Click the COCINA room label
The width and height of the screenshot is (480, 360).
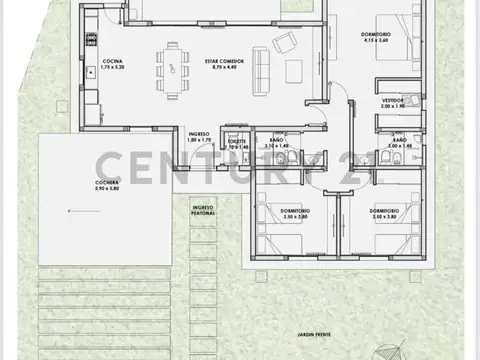[x=111, y=61]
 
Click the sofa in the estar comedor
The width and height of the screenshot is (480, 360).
[x=263, y=68]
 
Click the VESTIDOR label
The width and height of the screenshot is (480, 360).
[x=393, y=101]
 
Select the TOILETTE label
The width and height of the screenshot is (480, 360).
[x=236, y=141]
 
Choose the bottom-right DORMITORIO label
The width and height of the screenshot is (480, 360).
[x=384, y=212]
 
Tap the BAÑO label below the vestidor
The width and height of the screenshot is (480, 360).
[x=398, y=141]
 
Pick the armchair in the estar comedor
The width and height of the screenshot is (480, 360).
[x=288, y=42]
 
